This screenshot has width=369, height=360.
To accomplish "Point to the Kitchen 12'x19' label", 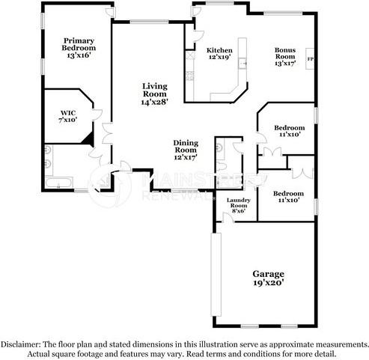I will pos(219,54).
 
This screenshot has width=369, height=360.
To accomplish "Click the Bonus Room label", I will pos(285,57).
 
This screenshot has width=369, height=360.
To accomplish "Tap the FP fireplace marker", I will pos(310,57).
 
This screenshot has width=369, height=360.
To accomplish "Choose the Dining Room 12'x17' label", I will pos(185,150).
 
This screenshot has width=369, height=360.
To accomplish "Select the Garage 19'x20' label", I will pos(267,279).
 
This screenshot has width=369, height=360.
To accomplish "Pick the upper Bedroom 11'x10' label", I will pos(289,131).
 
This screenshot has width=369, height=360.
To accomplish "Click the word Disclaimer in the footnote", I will pos(19,344).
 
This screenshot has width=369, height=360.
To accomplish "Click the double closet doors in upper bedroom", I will pos(270,153).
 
